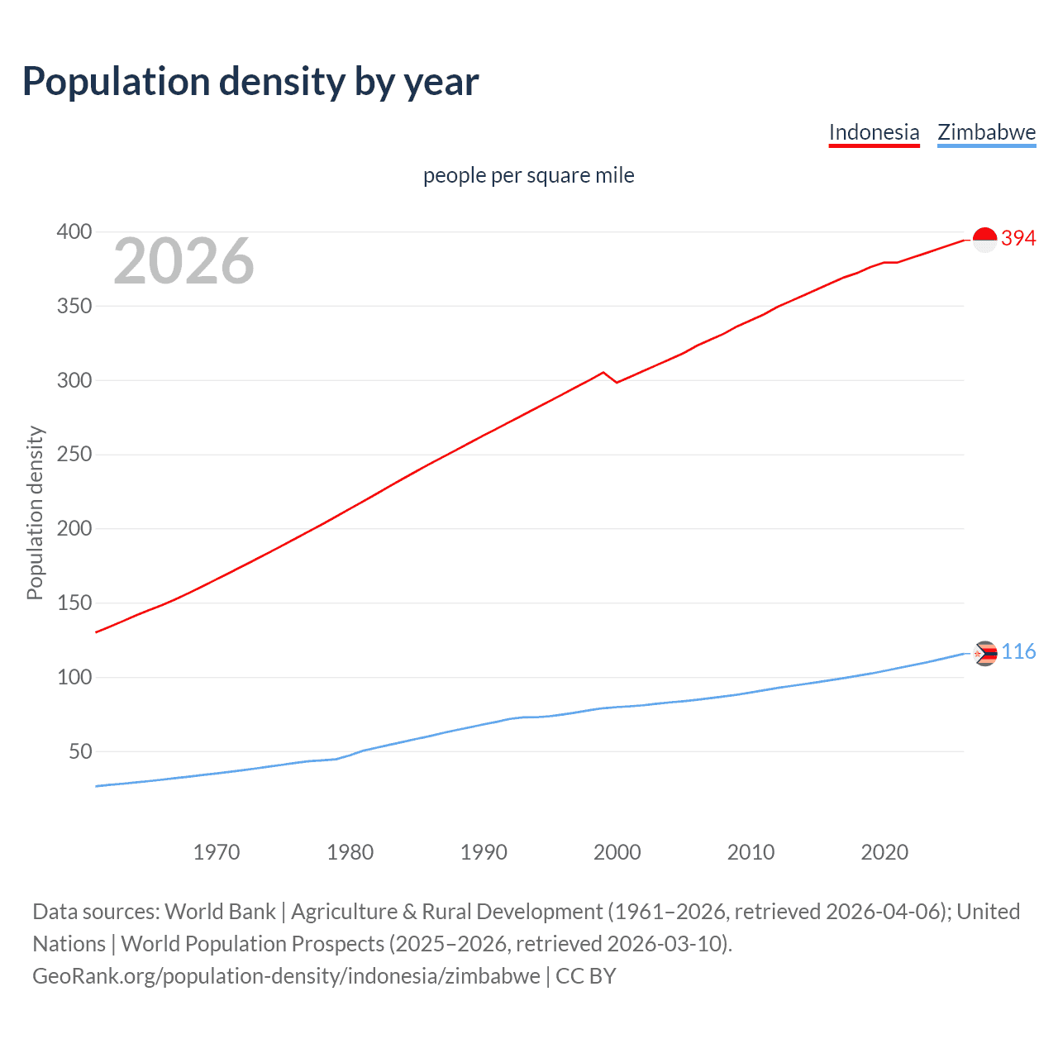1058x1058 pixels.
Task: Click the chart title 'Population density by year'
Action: click(250, 82)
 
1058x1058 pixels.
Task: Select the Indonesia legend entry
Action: click(874, 132)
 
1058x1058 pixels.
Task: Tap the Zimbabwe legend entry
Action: click(986, 132)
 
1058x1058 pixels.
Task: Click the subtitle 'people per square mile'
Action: click(528, 175)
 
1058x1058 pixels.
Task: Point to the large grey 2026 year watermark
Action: click(183, 261)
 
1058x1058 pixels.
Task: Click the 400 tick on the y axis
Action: click(74, 231)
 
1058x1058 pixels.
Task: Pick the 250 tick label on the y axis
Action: click(74, 455)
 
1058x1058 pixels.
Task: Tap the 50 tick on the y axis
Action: click(80, 751)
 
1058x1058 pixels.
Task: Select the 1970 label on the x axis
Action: click(217, 852)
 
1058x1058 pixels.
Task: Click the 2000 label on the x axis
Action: click(617, 852)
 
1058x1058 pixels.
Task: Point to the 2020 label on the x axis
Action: click(884, 852)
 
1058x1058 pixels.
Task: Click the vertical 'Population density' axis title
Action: click(35, 512)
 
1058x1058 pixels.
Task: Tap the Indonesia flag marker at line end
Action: click(985, 240)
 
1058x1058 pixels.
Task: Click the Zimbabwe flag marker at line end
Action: click(985, 653)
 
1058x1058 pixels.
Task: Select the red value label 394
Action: click(1018, 238)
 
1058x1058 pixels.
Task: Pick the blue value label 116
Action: click(1018, 651)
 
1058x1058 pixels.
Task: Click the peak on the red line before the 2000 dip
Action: click(603, 372)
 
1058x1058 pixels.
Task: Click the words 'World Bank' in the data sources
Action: click(220, 911)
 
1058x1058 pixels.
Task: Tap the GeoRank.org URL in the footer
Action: click(286, 975)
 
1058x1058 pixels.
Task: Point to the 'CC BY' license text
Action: click(586, 975)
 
